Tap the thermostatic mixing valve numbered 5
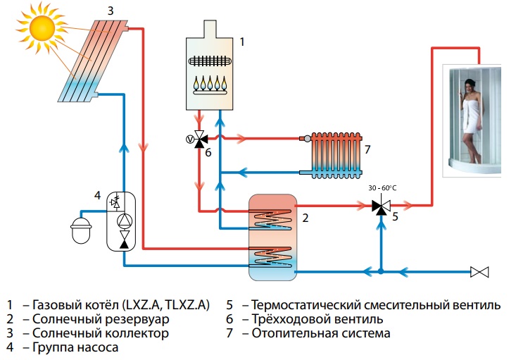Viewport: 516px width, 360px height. coord(380,206)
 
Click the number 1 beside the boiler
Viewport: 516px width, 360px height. coord(242,42)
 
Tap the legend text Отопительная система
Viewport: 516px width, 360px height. coord(320,333)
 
